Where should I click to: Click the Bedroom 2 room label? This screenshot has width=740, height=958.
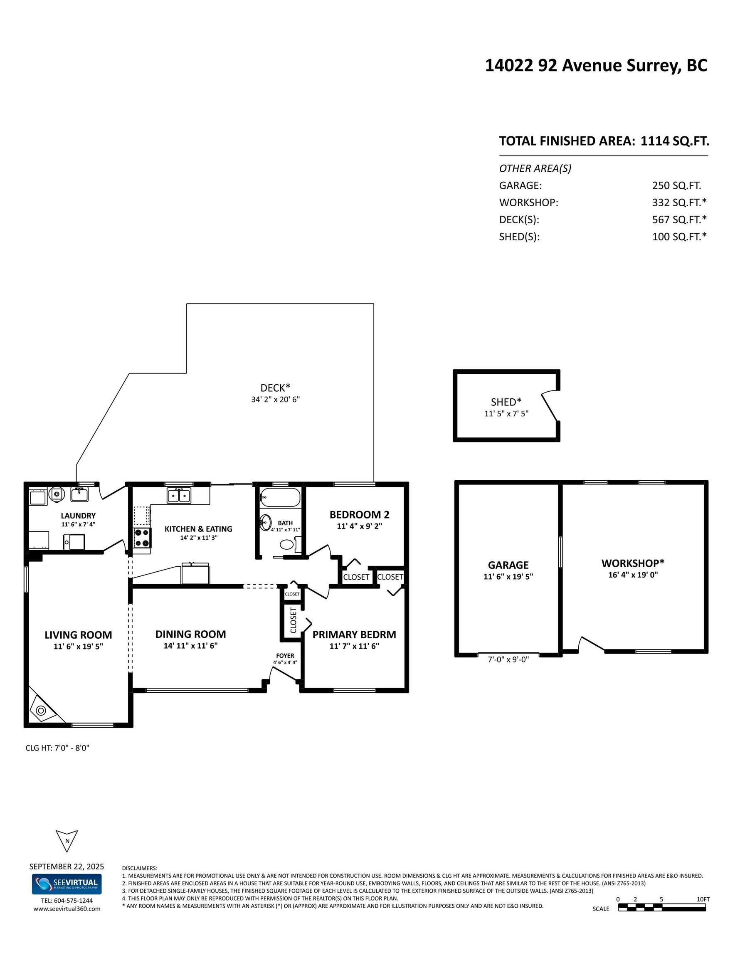click(x=359, y=514)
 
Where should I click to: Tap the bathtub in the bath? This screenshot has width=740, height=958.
click(x=280, y=497)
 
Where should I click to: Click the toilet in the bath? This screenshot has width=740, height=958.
click(x=287, y=545)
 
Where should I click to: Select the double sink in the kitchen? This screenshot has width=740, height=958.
click(x=179, y=496)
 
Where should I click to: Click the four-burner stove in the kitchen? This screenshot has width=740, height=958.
click(x=142, y=538)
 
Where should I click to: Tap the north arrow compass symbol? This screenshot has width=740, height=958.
click(x=67, y=840)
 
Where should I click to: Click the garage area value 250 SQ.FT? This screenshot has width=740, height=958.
click(x=676, y=185)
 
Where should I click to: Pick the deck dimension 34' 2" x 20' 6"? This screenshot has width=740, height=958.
click(x=275, y=399)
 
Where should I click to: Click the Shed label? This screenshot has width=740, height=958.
click(x=506, y=402)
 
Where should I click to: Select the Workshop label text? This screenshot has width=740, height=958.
click(x=632, y=563)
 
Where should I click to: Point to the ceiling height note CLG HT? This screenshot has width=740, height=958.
click(x=57, y=748)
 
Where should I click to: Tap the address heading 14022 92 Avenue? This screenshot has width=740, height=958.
click(x=596, y=65)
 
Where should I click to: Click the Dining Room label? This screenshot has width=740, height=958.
click(x=190, y=634)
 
